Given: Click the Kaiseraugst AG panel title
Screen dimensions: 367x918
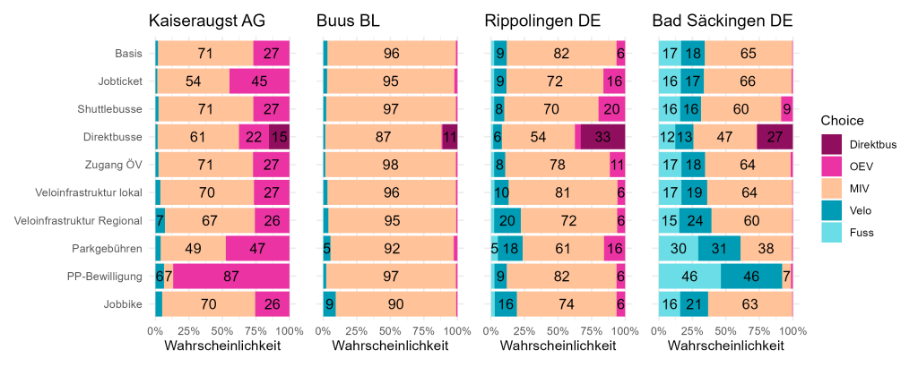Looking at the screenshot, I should click(x=208, y=21).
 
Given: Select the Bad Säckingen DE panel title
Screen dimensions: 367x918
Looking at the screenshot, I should click(x=722, y=21).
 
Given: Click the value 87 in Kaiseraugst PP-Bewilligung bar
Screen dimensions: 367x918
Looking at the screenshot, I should click(x=231, y=277).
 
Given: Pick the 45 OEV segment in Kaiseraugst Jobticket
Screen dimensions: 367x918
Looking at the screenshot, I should click(x=260, y=81).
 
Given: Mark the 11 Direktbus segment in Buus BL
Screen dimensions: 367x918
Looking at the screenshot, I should click(x=450, y=137).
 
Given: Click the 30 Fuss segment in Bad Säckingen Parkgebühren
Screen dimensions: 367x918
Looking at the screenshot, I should click(x=679, y=248).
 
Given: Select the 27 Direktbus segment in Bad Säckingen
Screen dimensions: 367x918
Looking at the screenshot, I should click(x=775, y=137).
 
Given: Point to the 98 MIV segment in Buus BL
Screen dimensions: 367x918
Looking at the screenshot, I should click(x=391, y=165).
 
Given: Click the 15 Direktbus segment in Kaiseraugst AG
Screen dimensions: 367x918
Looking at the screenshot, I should click(x=280, y=137).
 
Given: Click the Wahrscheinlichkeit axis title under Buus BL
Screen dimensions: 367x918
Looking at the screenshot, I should click(x=390, y=346).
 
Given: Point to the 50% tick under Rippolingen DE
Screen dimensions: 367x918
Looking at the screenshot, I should click(x=559, y=329).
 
